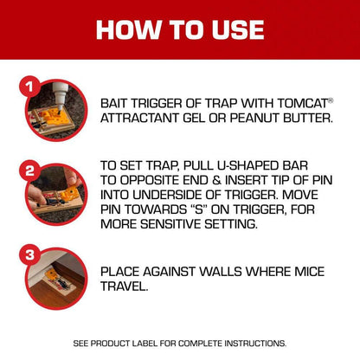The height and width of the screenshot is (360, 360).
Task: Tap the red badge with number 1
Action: click(29, 88)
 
